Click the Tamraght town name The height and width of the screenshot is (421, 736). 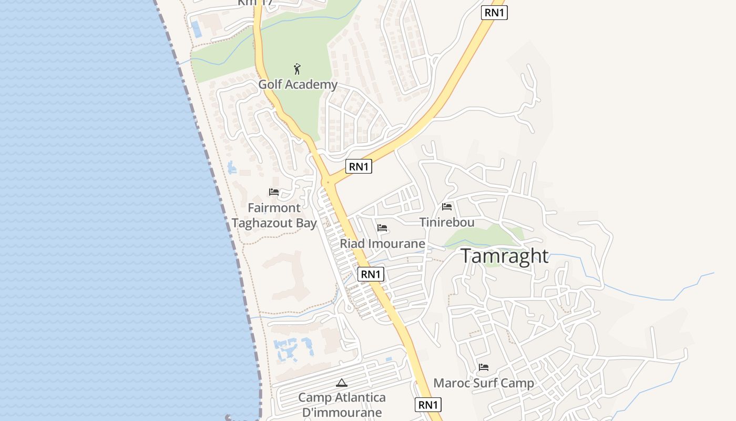coord(505,256)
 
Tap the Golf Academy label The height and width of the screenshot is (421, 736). coord(298,84)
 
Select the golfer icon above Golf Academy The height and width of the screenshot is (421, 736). coord(297,69)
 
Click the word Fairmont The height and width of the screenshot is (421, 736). coord(274,208)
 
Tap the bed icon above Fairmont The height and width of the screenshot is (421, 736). coord(274,192)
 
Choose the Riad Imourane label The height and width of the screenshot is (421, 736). coord(382,244)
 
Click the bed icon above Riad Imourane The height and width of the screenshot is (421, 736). coord(382,228)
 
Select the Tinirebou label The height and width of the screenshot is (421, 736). coord(447,222)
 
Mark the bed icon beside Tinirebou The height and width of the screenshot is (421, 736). coord(447,207)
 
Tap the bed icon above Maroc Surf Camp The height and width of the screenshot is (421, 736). coord(484,367)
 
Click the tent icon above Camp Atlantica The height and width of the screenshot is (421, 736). coord(342,383)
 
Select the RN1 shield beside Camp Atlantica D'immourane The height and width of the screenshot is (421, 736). coord(428,405)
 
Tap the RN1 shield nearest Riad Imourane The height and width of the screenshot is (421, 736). coord(371,274)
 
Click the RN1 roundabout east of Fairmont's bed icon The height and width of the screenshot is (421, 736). coord(328,183)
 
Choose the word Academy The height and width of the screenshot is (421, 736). coord(313,84)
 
